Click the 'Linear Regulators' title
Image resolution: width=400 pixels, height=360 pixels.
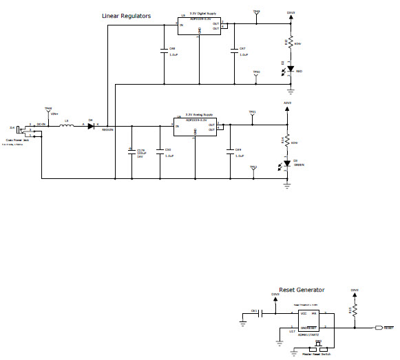click(126, 16)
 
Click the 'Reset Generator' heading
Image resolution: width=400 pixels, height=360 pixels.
click(302, 290)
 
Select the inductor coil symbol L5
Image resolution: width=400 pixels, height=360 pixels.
click(67, 126)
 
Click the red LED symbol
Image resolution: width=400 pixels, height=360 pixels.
click(291, 69)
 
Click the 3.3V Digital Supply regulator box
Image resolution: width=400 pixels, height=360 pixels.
click(198, 25)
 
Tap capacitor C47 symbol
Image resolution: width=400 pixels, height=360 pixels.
click(234, 50)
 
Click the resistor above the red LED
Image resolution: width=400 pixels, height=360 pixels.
click(291, 43)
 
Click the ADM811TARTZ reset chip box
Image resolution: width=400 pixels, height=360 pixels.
click(317, 319)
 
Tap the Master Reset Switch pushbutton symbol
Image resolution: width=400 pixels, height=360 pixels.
click(319, 346)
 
